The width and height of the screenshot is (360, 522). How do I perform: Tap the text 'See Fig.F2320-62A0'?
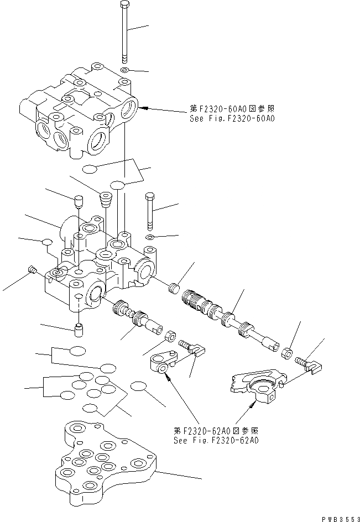click(x=216, y=441)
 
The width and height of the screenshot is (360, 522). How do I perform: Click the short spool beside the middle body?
click(x=135, y=319)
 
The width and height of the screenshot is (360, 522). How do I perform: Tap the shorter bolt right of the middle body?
click(x=149, y=211)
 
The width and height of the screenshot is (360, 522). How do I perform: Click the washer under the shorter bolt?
click(x=150, y=238)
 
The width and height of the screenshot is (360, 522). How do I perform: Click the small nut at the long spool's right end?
click(x=288, y=353)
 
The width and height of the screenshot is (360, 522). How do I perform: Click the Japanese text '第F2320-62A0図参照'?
click(x=215, y=431)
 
